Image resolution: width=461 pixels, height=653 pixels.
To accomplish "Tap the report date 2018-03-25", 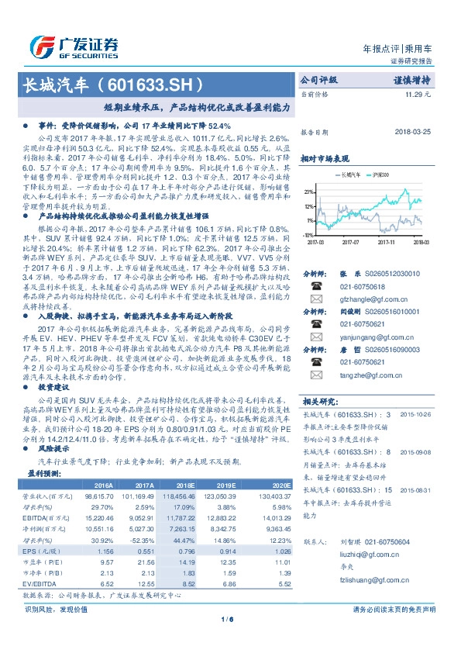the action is point(411,133).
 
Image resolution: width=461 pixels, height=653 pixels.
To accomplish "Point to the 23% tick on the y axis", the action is point(308,190).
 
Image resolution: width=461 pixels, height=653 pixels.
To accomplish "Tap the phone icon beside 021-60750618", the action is point(315,285).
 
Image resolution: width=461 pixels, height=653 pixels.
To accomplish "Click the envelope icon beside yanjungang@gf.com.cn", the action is point(315,337).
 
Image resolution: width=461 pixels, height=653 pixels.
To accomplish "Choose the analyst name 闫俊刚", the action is point(352,311).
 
